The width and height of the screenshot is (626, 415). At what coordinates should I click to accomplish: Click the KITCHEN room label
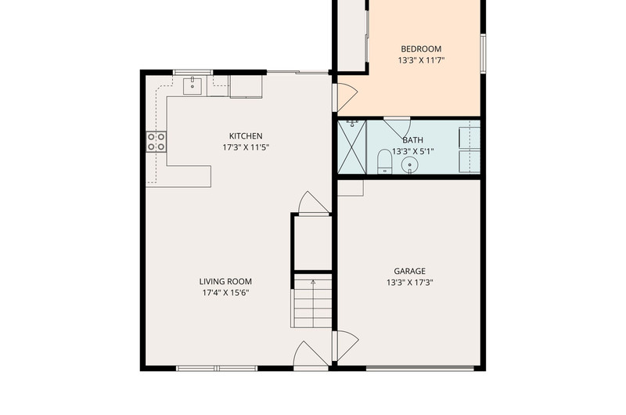[x=246, y=135]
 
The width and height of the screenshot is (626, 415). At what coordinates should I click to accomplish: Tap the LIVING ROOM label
[x=225, y=281]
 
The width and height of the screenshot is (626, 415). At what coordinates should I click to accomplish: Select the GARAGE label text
[x=409, y=271]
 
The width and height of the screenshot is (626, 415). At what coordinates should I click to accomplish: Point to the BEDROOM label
[x=421, y=49]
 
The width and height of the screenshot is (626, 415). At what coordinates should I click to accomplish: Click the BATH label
[x=413, y=140]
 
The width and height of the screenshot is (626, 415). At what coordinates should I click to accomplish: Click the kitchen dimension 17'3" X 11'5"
[x=246, y=147]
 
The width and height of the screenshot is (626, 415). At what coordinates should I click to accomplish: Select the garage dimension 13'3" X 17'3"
[x=409, y=283]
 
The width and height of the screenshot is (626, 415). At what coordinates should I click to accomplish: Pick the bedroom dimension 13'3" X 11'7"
[x=421, y=61]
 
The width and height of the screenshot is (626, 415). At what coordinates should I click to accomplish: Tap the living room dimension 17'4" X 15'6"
[x=225, y=293]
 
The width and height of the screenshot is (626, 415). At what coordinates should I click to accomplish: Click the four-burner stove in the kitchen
[x=156, y=142]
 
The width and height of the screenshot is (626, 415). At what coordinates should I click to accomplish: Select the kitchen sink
[x=192, y=85]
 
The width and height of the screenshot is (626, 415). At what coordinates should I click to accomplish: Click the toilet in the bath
[x=385, y=161]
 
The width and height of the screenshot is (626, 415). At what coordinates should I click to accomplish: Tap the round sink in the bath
[x=409, y=164]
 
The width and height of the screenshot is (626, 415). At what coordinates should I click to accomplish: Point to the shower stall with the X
[x=351, y=147]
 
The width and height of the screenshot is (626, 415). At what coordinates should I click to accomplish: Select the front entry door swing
[x=311, y=354]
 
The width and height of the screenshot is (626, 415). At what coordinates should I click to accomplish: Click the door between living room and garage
[x=346, y=346]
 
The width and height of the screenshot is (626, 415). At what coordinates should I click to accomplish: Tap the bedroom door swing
[x=346, y=97]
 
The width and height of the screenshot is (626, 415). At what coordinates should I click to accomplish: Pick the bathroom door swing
[x=397, y=128]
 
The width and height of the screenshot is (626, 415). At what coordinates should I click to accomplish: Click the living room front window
[x=217, y=368]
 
